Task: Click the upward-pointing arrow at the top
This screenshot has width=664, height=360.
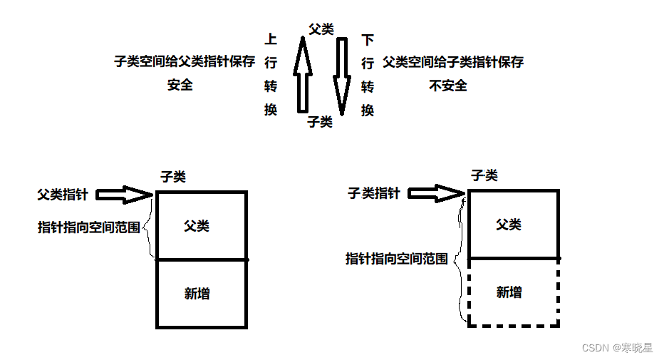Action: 302,77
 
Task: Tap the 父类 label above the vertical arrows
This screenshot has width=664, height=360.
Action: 321,29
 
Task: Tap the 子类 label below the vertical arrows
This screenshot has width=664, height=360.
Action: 320,122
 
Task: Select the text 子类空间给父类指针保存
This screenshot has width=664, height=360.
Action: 185,62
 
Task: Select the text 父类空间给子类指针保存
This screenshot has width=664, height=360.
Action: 453,62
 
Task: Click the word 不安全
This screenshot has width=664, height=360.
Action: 448,86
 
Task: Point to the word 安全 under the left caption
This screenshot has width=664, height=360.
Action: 180,85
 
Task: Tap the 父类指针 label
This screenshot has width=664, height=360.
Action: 63,194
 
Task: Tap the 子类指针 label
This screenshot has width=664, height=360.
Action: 374,193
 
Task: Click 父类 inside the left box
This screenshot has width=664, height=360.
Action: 197,226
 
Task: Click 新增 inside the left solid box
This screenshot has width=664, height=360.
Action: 197,293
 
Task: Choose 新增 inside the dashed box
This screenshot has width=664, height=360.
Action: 509,292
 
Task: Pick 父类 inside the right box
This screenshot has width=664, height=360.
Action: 509,225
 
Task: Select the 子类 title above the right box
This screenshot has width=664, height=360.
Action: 484,175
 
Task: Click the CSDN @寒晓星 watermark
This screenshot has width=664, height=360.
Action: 617,348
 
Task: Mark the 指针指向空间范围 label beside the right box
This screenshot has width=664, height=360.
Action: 397,259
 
